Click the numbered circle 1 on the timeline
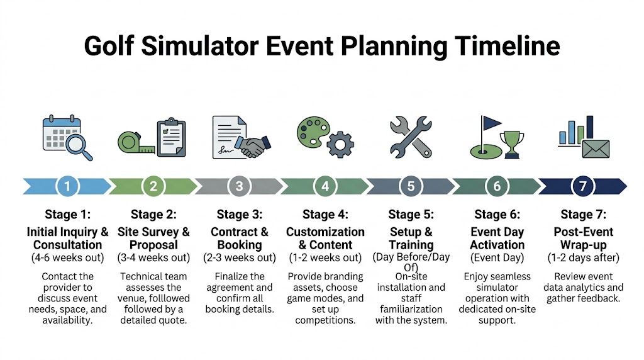[67, 186]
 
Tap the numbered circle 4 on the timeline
[325, 186]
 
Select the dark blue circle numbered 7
[582, 186]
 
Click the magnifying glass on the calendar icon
[79, 147]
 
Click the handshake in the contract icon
[254, 146]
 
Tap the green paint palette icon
[313, 131]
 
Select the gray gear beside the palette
[340, 145]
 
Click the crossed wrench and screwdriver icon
[411, 136]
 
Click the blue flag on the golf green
[490, 123]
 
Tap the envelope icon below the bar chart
[596, 149]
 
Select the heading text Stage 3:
[239, 215]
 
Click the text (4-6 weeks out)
[67, 257]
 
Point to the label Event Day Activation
[497, 239]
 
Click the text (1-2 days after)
[582, 257]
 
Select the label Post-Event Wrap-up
[582, 239]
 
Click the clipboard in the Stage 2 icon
[172, 138]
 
